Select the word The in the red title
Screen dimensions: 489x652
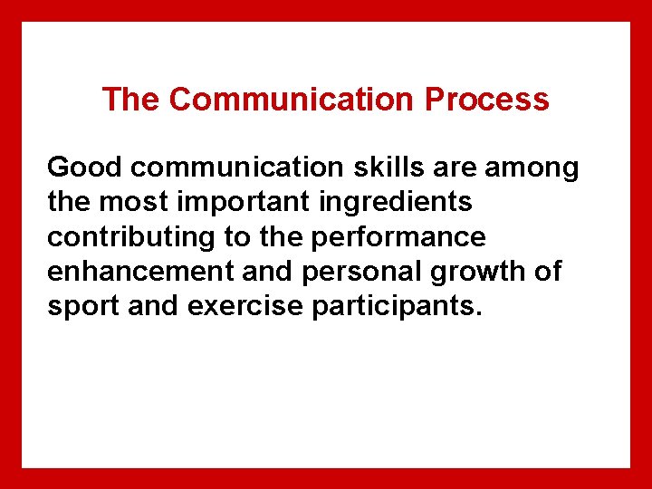point(130,99)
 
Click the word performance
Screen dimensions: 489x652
point(398,237)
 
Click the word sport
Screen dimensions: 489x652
point(83,306)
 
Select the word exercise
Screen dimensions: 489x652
point(245,306)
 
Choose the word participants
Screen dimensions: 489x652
point(397,306)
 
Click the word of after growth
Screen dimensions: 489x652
point(546,272)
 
